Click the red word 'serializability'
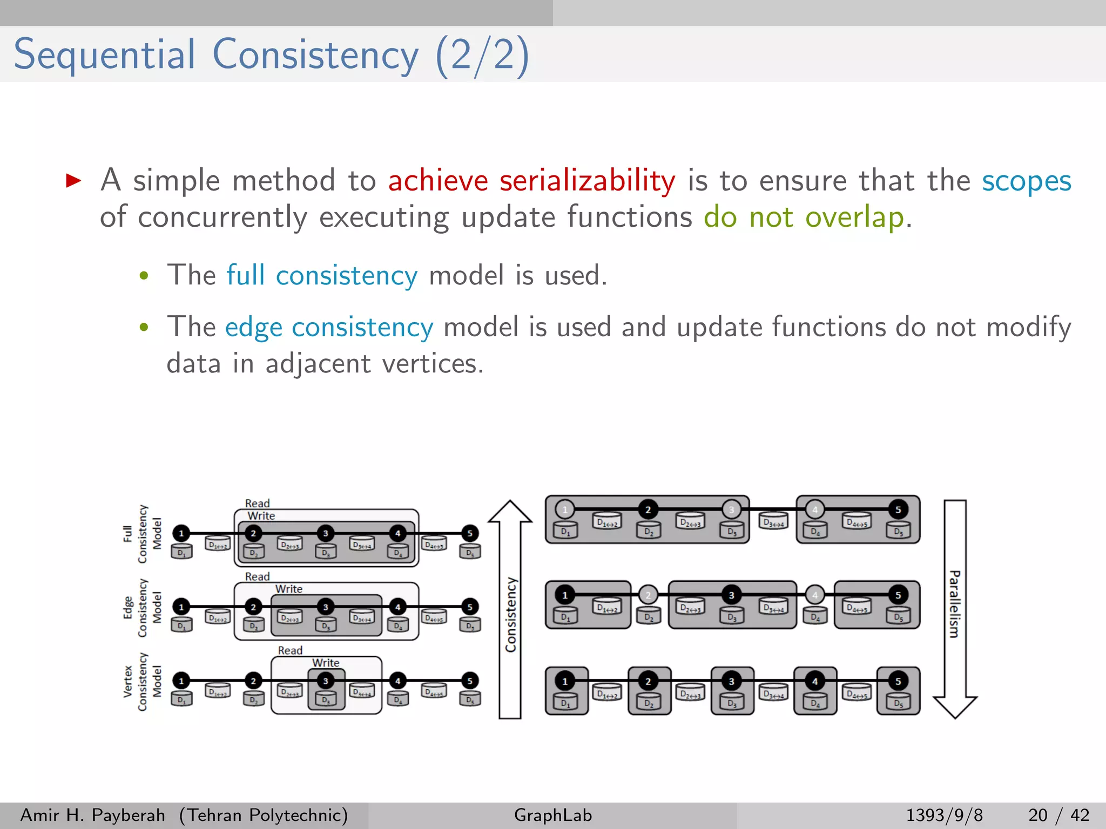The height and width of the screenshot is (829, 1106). pos(587,181)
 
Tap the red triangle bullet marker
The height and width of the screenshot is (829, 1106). pos(73,180)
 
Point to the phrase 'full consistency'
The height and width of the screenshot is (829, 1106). pos(321,275)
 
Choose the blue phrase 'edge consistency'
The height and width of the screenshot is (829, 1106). pos(329,328)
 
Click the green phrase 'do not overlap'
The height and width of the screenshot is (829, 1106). pos(804,218)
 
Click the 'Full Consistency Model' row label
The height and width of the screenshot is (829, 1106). pos(142,534)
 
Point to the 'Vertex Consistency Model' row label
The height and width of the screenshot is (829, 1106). pos(142,681)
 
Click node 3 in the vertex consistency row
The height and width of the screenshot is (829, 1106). pos(326,681)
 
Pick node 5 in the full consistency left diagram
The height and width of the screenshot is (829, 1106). pos(470,533)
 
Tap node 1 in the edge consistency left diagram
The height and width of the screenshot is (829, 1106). pos(181,607)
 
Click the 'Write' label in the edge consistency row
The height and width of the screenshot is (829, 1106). pos(289,589)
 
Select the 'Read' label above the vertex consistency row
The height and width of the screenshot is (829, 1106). pos(290,650)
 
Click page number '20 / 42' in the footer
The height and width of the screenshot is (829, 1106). pos(1058,815)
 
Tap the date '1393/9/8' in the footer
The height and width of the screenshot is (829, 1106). pos(944,815)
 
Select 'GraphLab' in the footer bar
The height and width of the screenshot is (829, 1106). pos(553,815)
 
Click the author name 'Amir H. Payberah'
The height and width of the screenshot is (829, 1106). pos(93,815)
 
